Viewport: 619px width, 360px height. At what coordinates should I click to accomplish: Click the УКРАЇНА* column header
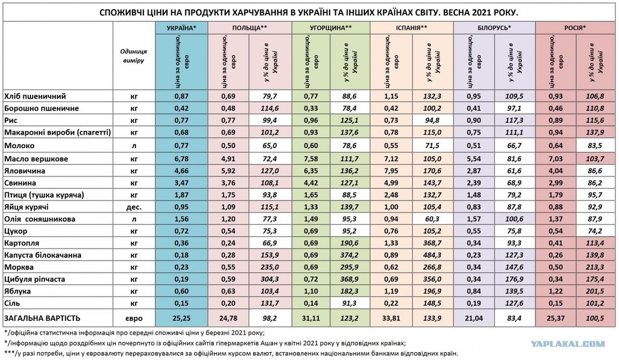[x=181, y=27]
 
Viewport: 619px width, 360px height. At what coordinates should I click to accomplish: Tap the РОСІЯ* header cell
[x=576, y=27]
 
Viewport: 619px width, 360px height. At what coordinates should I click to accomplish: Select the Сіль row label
[x=13, y=303]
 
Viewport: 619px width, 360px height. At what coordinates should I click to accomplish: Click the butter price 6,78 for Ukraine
[x=181, y=159]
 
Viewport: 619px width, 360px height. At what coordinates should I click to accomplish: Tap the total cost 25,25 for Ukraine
[x=181, y=317]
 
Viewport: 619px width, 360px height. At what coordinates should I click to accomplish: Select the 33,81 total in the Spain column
[x=391, y=317]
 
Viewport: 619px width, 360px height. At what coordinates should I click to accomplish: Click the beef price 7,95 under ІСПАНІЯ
[x=391, y=170]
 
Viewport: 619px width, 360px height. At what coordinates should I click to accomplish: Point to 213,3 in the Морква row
[x=595, y=267]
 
